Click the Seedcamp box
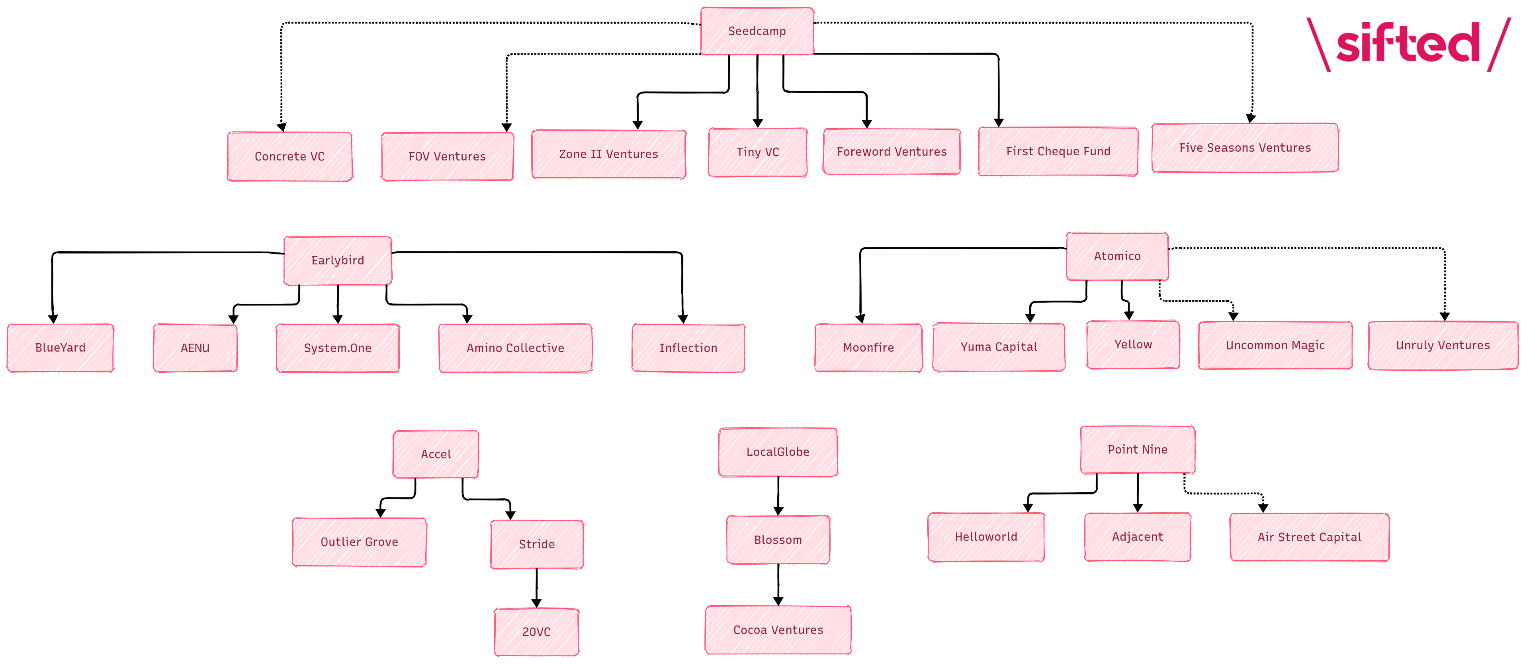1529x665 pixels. [757, 31]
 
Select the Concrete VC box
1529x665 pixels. [289, 156]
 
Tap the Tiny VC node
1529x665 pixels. [757, 152]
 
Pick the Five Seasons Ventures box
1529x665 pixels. [1245, 148]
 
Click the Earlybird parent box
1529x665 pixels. [338, 260]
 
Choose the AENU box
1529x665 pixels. [195, 348]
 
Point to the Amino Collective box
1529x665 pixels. [515, 348]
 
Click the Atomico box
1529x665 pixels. [1117, 256]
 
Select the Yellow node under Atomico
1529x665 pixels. [1132, 344]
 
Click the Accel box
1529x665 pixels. [436, 454]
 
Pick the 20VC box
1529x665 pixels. [536, 632]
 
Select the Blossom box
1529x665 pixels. [778, 540]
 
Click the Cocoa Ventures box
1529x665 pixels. [778, 630]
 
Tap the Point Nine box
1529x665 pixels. [1137, 450]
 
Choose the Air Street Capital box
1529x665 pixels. [1309, 537]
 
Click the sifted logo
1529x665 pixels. [1408, 43]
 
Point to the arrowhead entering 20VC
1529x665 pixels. [537, 603]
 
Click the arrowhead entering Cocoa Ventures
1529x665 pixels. [778, 601]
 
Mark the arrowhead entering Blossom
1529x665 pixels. [778, 511]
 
